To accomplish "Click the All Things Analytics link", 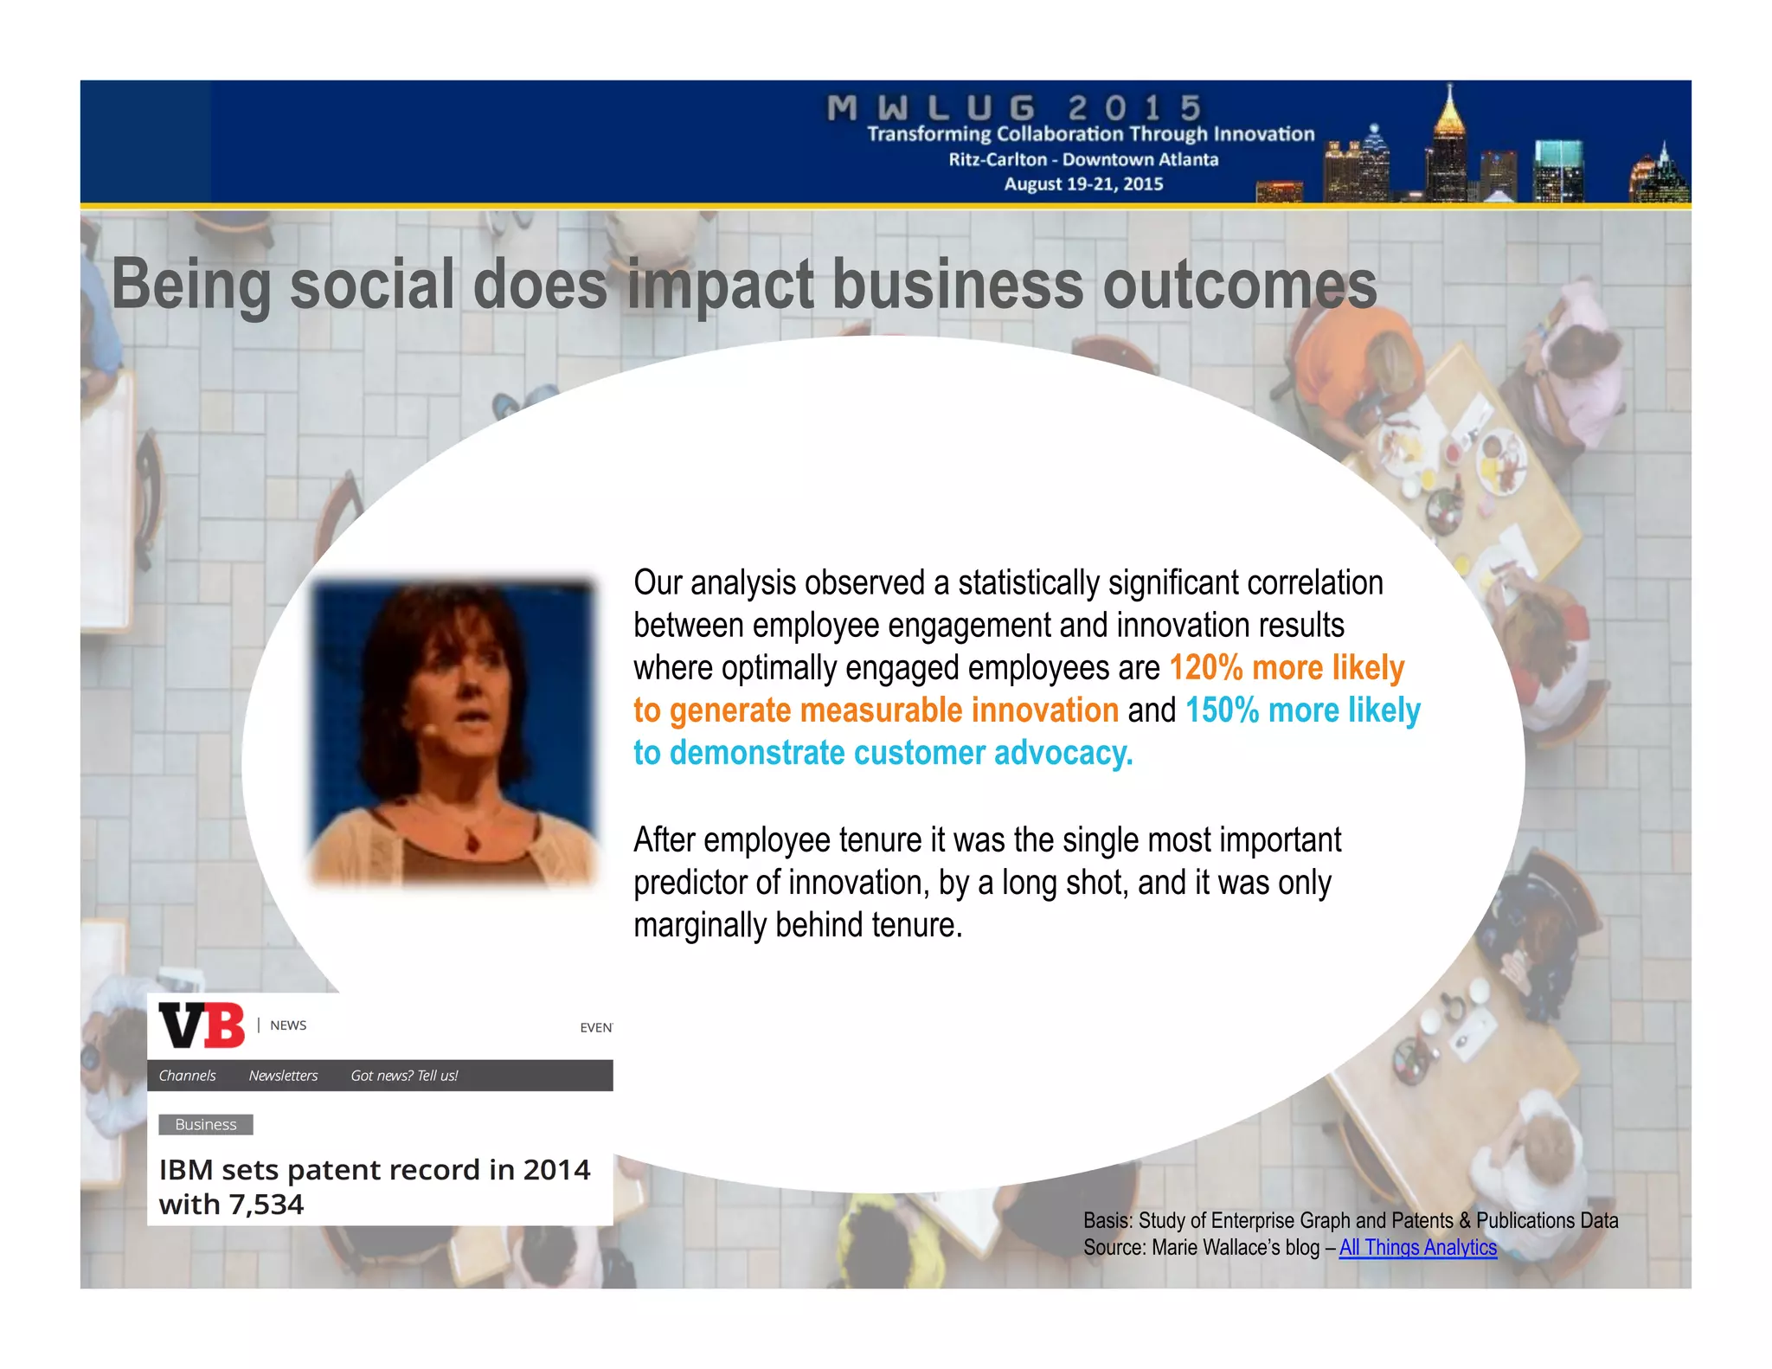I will pyautogui.click(x=1417, y=1247).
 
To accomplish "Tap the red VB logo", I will pyautogui.click(x=202, y=1025).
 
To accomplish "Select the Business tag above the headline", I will pyautogui.click(x=206, y=1124).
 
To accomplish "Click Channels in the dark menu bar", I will pyautogui.click(x=187, y=1076).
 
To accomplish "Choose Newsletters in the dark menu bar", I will pyautogui.click(x=283, y=1076).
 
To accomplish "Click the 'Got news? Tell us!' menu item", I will pyautogui.click(x=404, y=1076).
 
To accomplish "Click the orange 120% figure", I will pyautogui.click(x=1205, y=668).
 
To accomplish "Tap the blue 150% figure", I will pyautogui.click(x=1222, y=710).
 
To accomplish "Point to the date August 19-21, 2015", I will pyautogui.click(x=1083, y=183).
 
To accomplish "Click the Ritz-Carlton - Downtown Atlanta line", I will pyautogui.click(x=1083, y=159).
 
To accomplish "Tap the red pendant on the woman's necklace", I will pyautogui.click(x=472, y=840).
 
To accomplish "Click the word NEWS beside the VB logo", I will pyautogui.click(x=288, y=1025).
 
